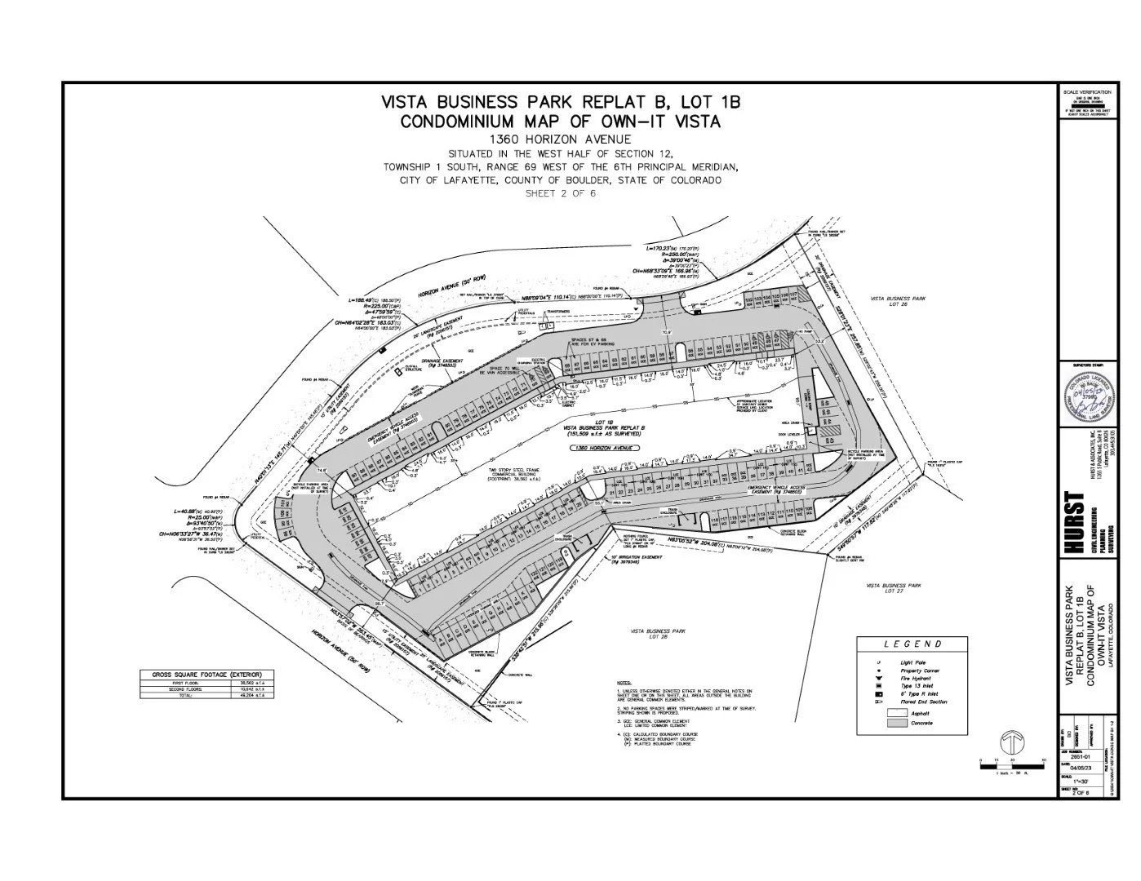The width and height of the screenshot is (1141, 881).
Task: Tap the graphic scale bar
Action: pos(1011,764)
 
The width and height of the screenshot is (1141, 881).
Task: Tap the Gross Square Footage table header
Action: pos(201,674)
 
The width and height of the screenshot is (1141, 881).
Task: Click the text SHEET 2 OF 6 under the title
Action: pos(560,193)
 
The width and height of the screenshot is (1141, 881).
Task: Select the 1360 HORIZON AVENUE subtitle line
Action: pos(560,139)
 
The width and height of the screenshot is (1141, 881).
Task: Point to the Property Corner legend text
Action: pos(921,671)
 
